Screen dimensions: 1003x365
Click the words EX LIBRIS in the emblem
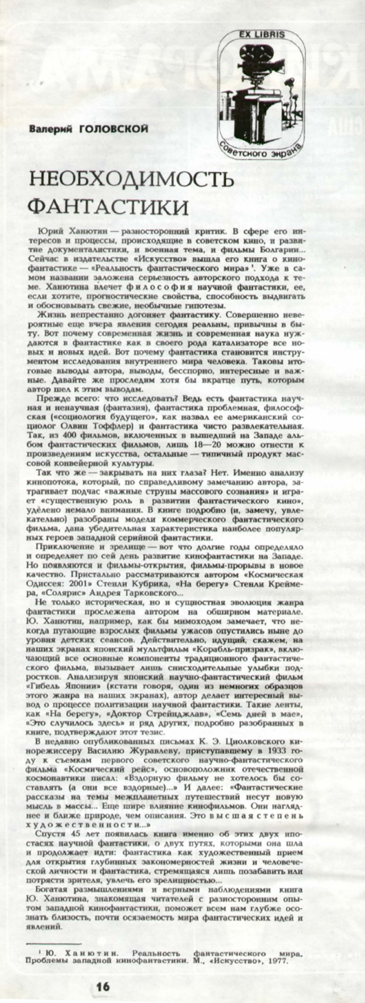(x=266, y=34)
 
